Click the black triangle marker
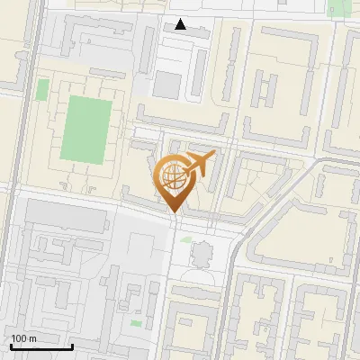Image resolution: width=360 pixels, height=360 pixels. pyautogui.click(x=181, y=24)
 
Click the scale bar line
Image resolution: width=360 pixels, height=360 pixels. pyautogui.click(x=40, y=346)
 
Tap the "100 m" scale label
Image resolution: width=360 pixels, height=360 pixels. pyautogui.click(x=24, y=338)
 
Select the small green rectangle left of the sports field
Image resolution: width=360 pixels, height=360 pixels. pyautogui.click(x=42, y=89)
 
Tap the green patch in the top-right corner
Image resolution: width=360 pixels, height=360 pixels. pyautogui.click(x=339, y=8)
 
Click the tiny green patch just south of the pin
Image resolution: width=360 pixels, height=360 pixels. pyautogui.click(x=186, y=238)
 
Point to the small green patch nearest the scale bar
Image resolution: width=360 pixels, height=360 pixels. pyautogui.click(x=136, y=322)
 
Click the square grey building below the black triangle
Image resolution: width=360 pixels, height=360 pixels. pyautogui.click(x=167, y=85)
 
